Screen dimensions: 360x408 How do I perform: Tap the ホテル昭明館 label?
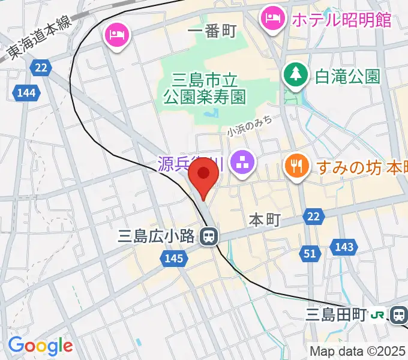tap(341, 20)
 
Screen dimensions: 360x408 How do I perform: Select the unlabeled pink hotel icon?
tap(117, 34)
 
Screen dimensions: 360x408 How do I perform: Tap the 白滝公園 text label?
tap(348, 76)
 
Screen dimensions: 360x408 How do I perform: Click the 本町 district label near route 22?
tap(265, 220)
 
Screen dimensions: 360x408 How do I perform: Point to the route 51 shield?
tap(310, 254)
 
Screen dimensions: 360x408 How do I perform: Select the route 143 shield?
tap(344, 247)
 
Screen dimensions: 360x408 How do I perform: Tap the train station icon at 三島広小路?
tap(209, 236)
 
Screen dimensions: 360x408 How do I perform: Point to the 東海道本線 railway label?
tap(40, 37)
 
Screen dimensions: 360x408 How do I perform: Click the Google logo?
tap(40, 346)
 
